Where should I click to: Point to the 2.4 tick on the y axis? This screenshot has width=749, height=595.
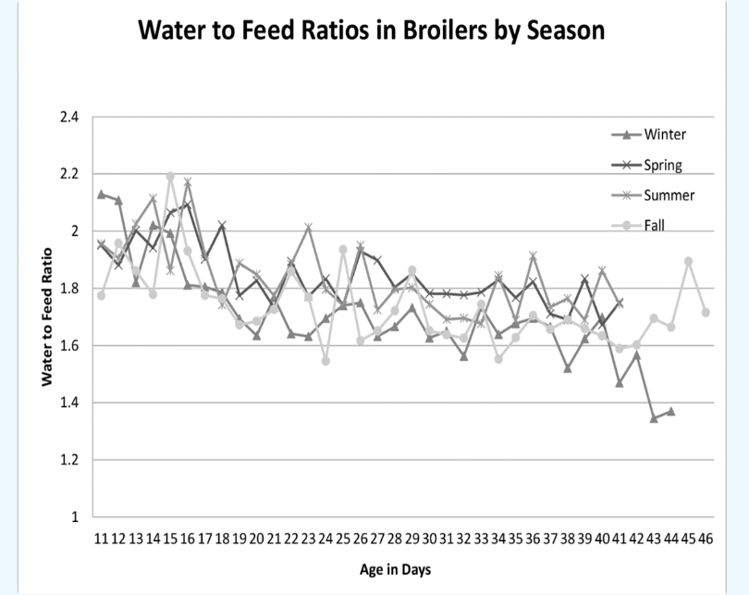tap(70, 118)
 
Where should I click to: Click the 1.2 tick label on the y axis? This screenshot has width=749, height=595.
tap(70, 460)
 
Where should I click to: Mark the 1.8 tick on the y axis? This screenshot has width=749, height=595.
tap(70, 289)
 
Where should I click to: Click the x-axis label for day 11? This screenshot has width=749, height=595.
tap(101, 538)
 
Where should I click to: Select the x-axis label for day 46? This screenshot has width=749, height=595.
tap(706, 538)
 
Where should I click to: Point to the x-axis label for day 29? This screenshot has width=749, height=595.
tap(411, 538)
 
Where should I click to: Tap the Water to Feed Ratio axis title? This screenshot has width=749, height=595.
tap(44, 316)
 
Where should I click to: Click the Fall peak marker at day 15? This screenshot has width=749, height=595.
tap(170, 176)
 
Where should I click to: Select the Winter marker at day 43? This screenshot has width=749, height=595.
tap(654, 418)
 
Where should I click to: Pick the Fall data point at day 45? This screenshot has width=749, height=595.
tap(688, 261)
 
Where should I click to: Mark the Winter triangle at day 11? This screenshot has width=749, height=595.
tap(101, 194)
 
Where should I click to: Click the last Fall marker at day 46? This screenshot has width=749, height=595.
tap(706, 313)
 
